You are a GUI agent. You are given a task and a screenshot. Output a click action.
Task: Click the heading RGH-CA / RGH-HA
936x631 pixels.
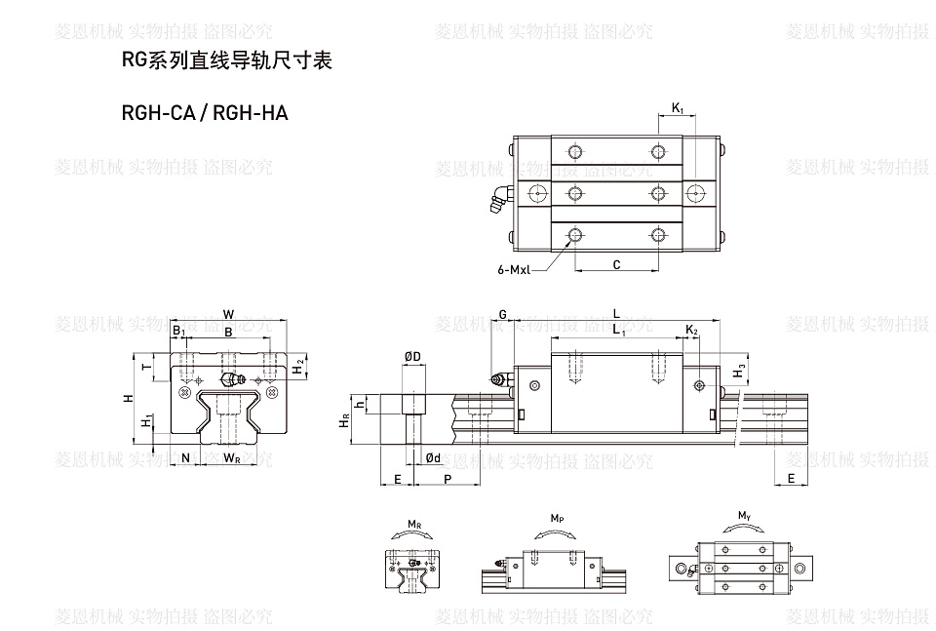click(205, 113)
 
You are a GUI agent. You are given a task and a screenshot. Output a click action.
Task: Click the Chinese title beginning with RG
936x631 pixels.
click(226, 61)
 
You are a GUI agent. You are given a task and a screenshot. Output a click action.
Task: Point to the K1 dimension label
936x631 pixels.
click(678, 108)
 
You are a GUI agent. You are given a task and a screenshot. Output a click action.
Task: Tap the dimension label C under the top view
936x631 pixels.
click(616, 264)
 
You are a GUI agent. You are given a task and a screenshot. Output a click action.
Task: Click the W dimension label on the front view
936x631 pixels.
click(228, 314)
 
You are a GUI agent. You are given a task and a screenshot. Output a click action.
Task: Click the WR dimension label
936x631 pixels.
click(232, 457)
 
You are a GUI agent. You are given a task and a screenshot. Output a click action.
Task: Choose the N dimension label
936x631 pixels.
click(185, 457)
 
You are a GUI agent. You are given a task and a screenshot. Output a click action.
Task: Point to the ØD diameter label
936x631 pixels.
click(412, 357)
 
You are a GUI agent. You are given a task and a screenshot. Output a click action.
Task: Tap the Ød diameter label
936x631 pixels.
click(433, 457)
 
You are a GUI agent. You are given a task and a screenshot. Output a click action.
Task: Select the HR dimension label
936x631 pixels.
click(344, 421)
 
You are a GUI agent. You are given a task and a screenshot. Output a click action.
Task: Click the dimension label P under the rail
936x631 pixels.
click(447, 480)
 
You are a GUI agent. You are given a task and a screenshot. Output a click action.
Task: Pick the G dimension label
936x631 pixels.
click(502, 314)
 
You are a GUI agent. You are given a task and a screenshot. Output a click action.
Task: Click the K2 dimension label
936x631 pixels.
click(690, 333)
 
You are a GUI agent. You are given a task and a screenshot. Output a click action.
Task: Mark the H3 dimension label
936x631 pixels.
click(740, 371)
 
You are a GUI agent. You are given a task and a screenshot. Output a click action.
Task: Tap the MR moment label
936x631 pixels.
click(414, 526)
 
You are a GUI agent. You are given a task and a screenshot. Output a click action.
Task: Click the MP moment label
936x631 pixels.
click(557, 517)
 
